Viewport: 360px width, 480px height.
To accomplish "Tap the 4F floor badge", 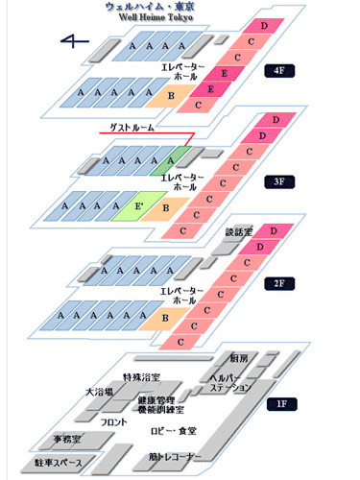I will pyautogui.click(x=280, y=70).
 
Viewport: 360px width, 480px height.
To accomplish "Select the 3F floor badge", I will pyautogui.click(x=280, y=180).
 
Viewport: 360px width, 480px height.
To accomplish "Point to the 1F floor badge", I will pyautogui.click(x=280, y=404).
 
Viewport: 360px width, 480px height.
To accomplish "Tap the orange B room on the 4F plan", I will pyautogui.click(x=171, y=95).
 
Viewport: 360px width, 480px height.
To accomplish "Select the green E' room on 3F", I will pyautogui.click(x=139, y=204).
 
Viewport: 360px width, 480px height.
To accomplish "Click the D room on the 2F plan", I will pyautogui.click(x=275, y=231).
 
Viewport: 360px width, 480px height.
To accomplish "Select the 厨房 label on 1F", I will pyautogui.click(x=241, y=357).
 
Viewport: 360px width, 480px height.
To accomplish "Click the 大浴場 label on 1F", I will pyautogui.click(x=99, y=392).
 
